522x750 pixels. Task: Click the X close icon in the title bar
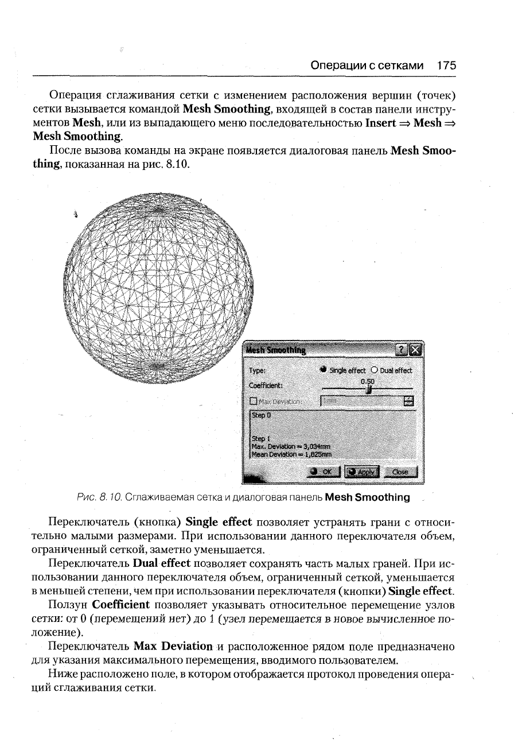tap(415, 350)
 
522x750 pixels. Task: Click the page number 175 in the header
tap(446, 66)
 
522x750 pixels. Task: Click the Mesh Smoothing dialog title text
tap(275, 350)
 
